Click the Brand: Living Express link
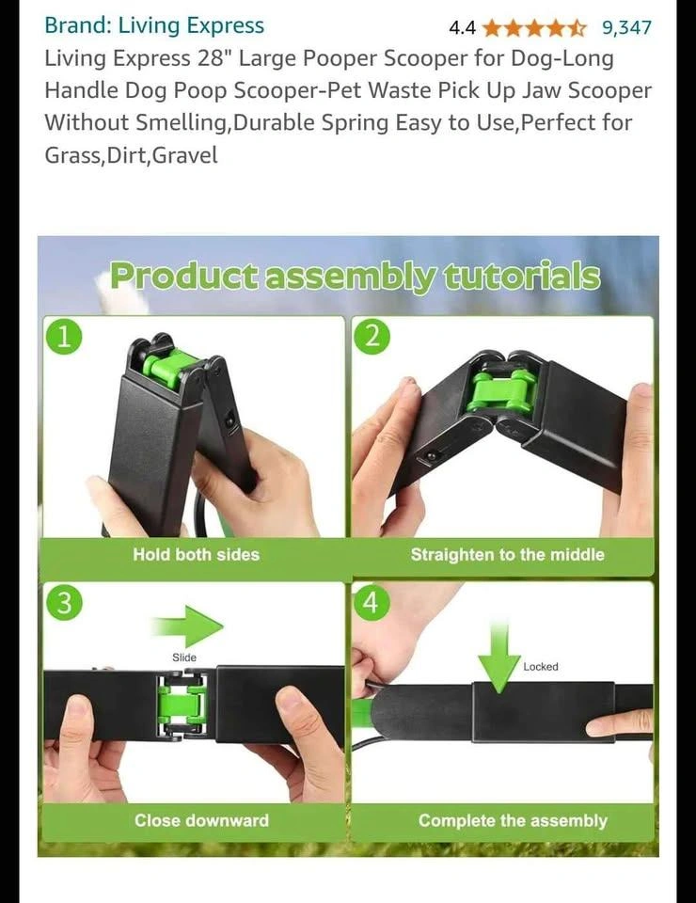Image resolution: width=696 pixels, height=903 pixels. (x=154, y=25)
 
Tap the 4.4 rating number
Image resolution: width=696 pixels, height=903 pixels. (x=462, y=27)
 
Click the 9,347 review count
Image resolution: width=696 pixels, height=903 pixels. (x=627, y=27)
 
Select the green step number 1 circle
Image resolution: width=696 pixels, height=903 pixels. (x=64, y=337)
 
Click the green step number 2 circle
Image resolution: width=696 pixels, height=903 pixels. (x=372, y=337)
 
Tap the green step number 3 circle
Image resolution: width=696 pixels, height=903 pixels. (x=64, y=603)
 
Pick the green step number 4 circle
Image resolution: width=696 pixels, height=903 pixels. (x=372, y=603)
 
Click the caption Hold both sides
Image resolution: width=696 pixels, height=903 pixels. (x=197, y=555)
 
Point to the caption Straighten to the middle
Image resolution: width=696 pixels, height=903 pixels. (x=507, y=555)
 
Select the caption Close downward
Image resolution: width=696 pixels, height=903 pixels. (x=201, y=820)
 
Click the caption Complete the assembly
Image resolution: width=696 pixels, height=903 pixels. (x=513, y=820)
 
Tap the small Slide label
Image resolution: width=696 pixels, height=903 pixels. (x=184, y=657)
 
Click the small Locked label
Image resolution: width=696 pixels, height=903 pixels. (x=541, y=666)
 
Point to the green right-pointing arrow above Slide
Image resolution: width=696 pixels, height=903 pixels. (x=188, y=626)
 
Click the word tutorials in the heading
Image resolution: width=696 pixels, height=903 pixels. (x=522, y=277)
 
